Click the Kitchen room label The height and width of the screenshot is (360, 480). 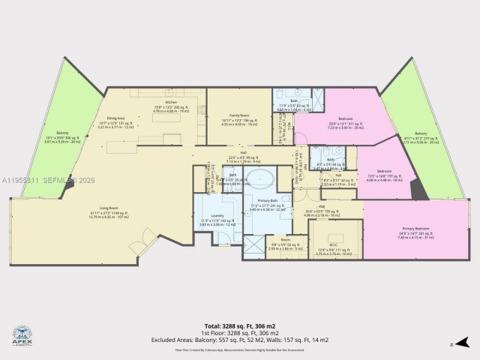point(171,106)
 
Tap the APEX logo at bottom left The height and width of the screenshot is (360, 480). point(23,334)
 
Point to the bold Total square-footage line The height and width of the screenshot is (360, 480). point(240,325)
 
